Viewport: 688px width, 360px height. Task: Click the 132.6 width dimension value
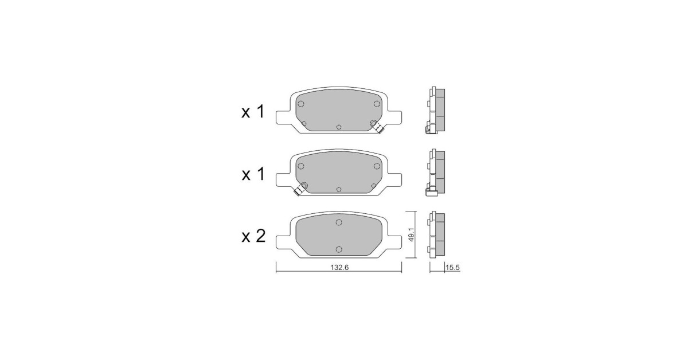click(x=339, y=268)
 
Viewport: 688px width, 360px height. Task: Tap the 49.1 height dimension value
click(x=412, y=234)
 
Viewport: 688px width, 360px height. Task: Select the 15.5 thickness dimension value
click(x=452, y=268)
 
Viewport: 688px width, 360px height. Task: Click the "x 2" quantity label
click(x=253, y=236)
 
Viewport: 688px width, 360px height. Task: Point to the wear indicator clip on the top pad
click(x=378, y=127)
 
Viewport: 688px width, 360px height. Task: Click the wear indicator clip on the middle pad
click(x=300, y=189)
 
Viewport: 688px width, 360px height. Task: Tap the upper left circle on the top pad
click(x=301, y=104)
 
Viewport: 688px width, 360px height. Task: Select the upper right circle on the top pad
click(x=377, y=104)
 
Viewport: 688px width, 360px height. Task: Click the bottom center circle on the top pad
click(x=339, y=127)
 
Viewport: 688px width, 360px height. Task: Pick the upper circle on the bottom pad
click(x=339, y=222)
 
